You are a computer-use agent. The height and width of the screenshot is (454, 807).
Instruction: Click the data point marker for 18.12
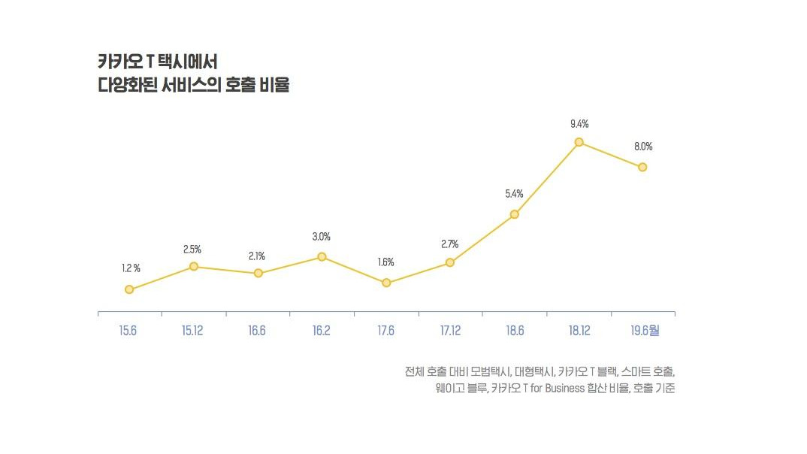click(579, 142)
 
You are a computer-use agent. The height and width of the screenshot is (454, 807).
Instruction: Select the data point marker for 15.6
click(129, 289)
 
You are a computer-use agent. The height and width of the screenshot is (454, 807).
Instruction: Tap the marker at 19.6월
click(642, 167)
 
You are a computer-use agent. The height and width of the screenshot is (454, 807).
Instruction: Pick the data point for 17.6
click(386, 283)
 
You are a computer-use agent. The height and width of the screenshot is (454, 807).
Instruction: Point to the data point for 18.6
click(514, 214)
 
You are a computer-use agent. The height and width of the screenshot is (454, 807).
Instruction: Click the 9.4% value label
click(579, 123)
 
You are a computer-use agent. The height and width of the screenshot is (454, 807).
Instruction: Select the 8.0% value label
click(643, 147)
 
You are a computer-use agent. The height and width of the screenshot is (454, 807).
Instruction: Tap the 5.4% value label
click(514, 194)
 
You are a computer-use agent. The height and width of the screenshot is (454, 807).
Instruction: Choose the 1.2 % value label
click(131, 268)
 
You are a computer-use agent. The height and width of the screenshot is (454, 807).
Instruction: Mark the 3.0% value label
click(322, 237)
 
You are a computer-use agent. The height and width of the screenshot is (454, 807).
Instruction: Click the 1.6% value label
click(385, 262)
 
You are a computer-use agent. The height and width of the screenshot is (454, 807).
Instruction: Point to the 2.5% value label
click(192, 249)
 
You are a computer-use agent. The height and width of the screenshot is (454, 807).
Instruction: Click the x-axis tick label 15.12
click(193, 331)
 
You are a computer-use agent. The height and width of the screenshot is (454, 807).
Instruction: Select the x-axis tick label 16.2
click(322, 331)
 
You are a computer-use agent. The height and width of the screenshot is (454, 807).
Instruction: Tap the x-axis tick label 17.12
click(450, 331)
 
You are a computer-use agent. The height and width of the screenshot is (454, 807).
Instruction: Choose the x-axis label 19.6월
click(643, 331)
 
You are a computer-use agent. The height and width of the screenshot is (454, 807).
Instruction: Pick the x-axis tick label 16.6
click(257, 331)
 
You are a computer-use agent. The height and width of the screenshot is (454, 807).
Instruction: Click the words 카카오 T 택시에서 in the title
click(157, 62)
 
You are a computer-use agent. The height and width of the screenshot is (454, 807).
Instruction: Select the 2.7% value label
click(449, 244)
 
